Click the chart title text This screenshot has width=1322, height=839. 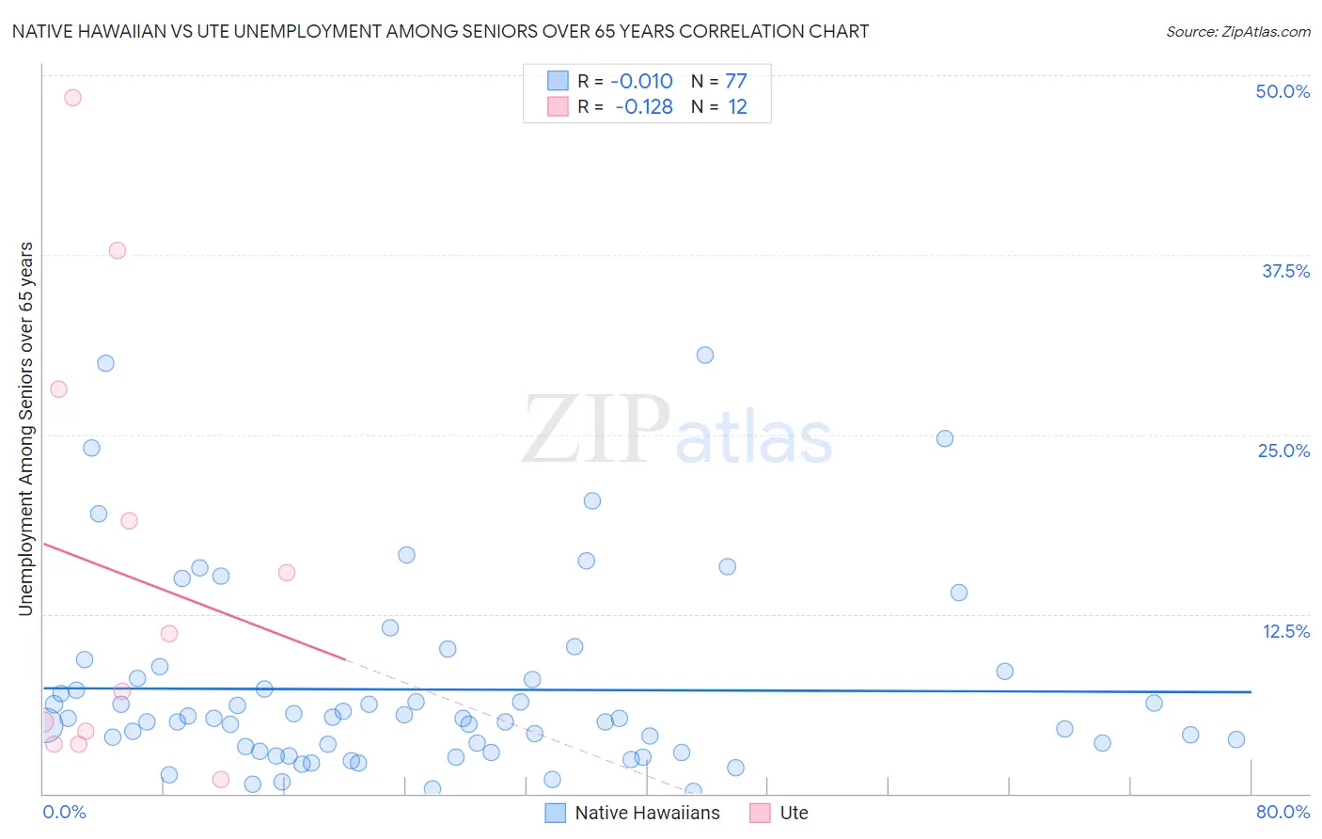[440, 31]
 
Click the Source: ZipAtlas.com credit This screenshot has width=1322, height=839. [1237, 31]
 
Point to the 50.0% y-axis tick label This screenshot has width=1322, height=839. [1283, 91]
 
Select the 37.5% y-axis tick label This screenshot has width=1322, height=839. [1285, 271]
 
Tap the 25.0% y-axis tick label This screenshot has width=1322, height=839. [1283, 451]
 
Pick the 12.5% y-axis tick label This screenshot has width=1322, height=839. [1285, 631]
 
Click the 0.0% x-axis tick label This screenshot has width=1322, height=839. [64, 812]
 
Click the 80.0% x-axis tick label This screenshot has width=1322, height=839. [1283, 812]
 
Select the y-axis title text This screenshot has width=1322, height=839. [25, 429]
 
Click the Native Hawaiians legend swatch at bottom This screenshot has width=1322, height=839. [556, 813]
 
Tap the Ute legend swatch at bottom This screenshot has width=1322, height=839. [760, 813]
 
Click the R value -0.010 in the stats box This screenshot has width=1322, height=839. [641, 82]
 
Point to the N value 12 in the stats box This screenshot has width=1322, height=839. [737, 107]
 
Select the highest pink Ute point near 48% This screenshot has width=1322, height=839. [72, 97]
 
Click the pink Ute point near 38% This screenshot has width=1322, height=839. [118, 250]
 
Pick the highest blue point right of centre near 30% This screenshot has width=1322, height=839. [705, 355]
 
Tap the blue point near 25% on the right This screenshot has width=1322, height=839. [945, 438]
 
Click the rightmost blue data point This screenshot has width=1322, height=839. [1236, 739]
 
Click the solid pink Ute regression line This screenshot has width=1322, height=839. [188, 599]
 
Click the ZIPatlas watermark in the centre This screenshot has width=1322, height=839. [677, 430]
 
